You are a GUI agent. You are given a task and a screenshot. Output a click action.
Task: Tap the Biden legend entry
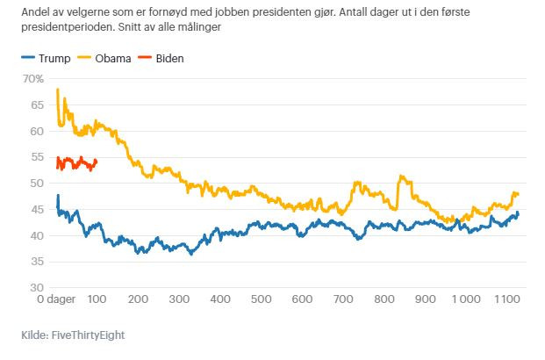pyautogui.click(x=166, y=59)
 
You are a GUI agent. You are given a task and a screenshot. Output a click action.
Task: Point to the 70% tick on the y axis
pyautogui.click(x=32, y=79)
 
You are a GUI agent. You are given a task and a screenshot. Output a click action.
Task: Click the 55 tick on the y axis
pyautogui.click(x=37, y=157)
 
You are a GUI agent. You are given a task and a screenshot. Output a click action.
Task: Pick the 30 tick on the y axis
pyautogui.click(x=37, y=288)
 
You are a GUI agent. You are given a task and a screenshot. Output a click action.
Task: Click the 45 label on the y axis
pyautogui.click(x=37, y=210)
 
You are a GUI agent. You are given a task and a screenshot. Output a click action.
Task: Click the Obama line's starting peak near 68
pyautogui.click(x=57, y=90)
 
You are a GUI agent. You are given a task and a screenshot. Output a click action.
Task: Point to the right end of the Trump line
pyautogui.click(x=518, y=212)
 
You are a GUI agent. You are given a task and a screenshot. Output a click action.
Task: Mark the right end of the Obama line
pyautogui.click(x=519, y=194)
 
